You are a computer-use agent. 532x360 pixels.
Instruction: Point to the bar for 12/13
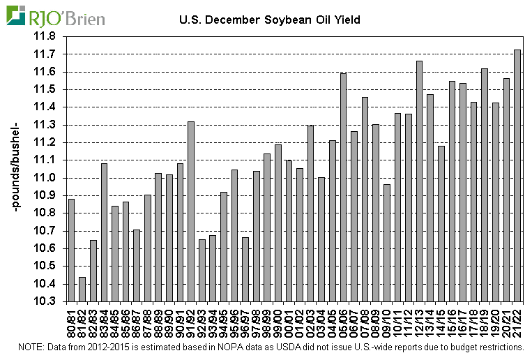tap(419, 181)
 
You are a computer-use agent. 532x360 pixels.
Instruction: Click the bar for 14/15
tap(441, 223)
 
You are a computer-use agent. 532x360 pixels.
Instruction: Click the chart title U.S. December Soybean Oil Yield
tap(270, 20)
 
